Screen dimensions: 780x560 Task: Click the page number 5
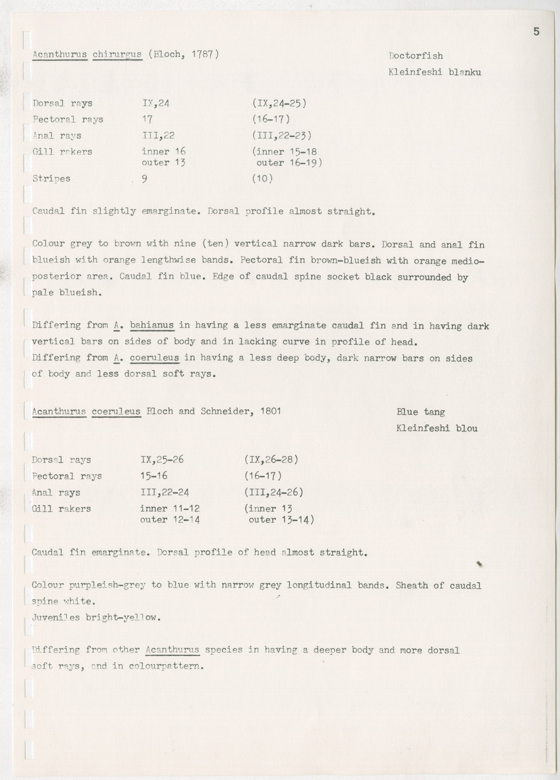point(536,31)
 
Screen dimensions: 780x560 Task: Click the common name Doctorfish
point(414,56)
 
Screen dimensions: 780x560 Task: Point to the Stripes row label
point(51,178)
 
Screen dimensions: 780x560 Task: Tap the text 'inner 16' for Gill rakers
point(163,152)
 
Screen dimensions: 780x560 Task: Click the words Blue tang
point(420,412)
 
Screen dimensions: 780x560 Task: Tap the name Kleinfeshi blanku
point(435,72)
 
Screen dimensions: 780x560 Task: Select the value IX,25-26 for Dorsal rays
point(162,460)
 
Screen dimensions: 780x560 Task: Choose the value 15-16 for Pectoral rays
point(155,476)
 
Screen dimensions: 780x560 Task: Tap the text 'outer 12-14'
point(170,519)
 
